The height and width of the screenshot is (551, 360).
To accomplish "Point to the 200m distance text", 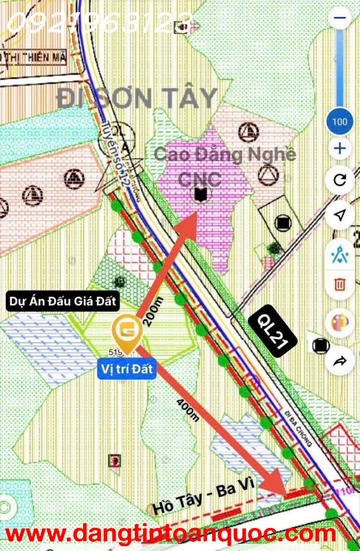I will click(153, 311).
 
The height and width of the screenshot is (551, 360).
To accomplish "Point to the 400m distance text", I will click(188, 409).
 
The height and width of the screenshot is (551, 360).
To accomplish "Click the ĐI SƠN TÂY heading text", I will click(137, 98).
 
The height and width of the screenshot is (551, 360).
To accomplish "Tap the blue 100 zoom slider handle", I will click(339, 121).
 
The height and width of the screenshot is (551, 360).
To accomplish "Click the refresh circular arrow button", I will click(340, 180).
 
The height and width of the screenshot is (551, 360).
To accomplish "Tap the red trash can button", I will click(340, 284).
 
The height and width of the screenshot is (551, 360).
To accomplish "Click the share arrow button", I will click(340, 361).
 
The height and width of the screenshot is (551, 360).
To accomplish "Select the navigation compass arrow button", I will click(340, 216).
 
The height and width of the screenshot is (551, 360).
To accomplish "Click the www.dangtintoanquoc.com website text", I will click(170, 534).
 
